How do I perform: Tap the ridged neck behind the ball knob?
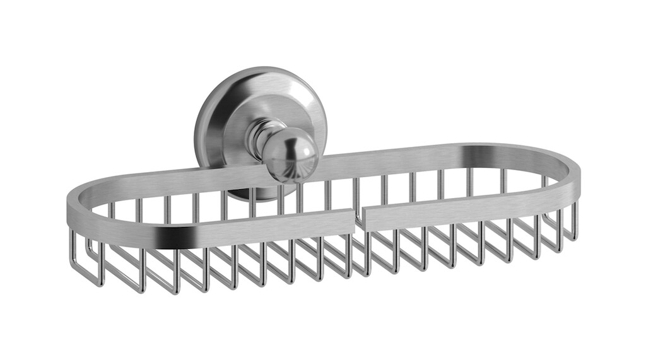257,138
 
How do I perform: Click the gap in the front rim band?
358,218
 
